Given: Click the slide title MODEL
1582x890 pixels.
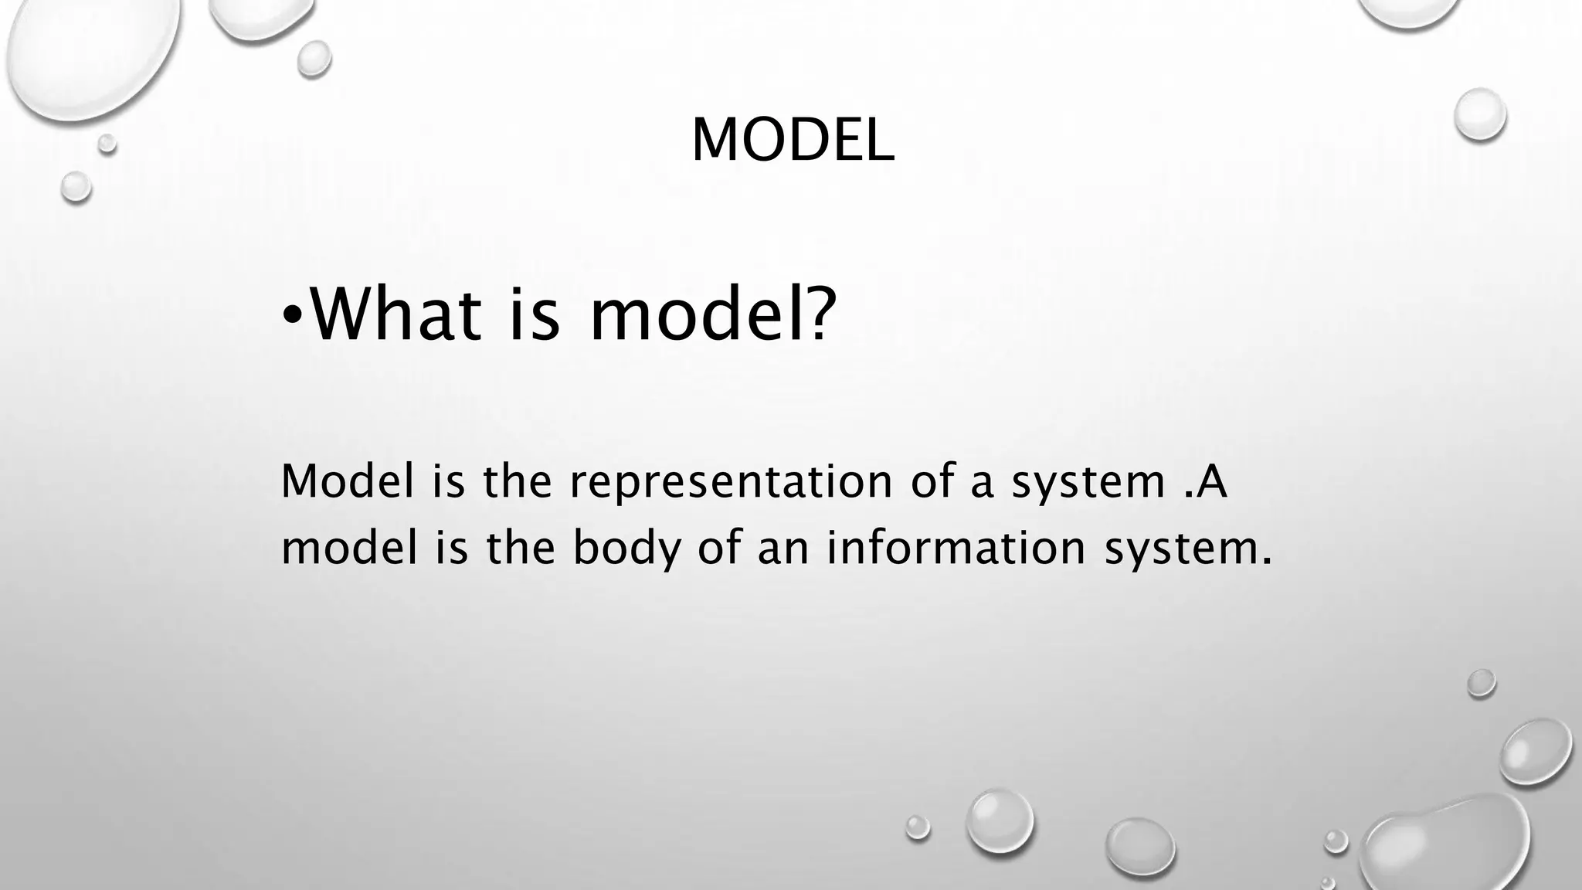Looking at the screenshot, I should coord(793,140).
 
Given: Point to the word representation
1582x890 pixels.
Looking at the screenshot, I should coord(731,481).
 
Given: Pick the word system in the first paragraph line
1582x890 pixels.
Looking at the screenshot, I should coord(1088,482).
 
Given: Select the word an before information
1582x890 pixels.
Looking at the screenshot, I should coord(781,549).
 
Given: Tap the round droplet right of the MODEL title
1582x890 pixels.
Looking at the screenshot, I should coord(1480,114).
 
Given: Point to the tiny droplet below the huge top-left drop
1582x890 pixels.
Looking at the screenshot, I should coord(107,143).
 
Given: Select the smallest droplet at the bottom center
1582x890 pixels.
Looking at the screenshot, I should coord(918,827).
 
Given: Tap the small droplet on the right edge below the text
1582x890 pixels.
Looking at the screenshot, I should coord(1481,683).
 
